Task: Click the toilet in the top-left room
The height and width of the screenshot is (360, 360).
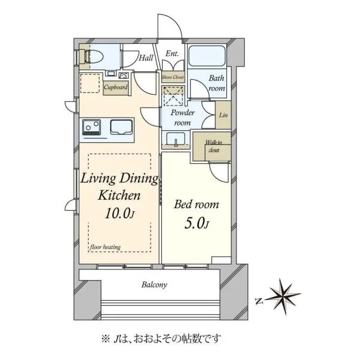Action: [94, 56]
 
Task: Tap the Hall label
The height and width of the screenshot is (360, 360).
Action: [146, 58]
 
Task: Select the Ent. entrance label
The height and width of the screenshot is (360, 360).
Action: [172, 53]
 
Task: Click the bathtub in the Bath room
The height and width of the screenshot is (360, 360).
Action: [206, 56]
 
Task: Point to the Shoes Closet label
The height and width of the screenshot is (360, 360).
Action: [173, 77]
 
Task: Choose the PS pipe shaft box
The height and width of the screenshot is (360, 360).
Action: [124, 76]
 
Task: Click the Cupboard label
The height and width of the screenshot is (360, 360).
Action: [115, 87]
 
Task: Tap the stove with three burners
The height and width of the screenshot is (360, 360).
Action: [92, 127]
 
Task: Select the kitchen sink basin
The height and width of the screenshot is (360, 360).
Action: [121, 127]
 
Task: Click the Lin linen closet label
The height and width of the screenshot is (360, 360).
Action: [223, 115]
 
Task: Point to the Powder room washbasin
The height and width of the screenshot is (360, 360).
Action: [176, 139]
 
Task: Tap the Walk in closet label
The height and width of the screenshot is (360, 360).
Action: [214, 146]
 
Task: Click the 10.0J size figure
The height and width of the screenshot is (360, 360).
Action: [119, 213]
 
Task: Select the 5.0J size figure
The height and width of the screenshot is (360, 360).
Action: [197, 223]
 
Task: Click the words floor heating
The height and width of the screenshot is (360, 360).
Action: [105, 247]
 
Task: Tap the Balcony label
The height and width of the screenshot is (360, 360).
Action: [154, 285]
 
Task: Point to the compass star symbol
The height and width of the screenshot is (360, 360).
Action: [284, 296]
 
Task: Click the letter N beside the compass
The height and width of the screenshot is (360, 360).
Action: [259, 301]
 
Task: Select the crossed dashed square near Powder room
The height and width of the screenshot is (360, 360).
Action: [173, 96]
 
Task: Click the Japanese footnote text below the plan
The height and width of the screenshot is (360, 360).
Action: [161, 338]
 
